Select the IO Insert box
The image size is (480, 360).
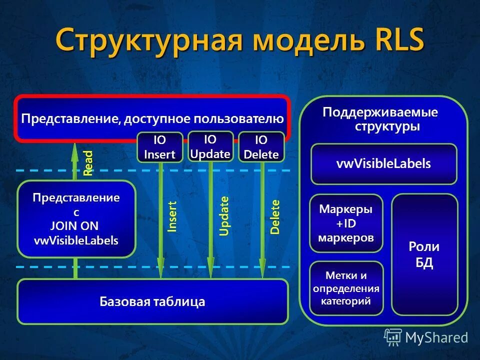coord(159,147)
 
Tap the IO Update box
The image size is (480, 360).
coord(210,146)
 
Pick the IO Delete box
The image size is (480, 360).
coord(261,147)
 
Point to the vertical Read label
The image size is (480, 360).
coord(88,163)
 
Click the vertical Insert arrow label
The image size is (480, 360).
coord(172,216)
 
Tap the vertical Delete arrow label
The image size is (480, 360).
coord(275,217)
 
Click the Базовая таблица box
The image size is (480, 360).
coord(152,301)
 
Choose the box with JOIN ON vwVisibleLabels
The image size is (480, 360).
coord(76,218)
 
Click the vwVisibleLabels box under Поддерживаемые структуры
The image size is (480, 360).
coord(383,164)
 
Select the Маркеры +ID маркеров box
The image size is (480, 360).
coord(346,223)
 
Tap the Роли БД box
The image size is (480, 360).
coord(424,254)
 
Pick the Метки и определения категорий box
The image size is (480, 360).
coord(346,288)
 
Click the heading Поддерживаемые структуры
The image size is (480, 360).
coord(380,119)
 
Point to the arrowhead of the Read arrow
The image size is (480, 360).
coord(75,150)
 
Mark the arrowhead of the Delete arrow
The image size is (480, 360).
coord(262,270)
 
